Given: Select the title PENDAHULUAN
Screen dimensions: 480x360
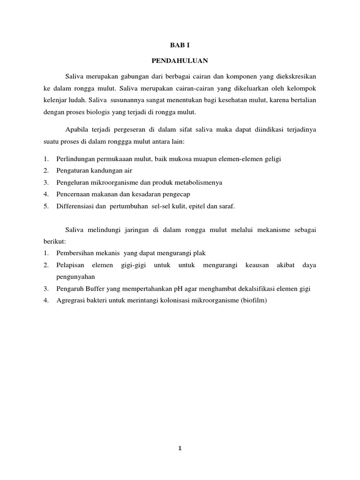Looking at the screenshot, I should [180, 61].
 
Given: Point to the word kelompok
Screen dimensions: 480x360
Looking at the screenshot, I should [302, 88].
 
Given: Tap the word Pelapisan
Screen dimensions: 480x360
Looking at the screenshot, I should [70, 265].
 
